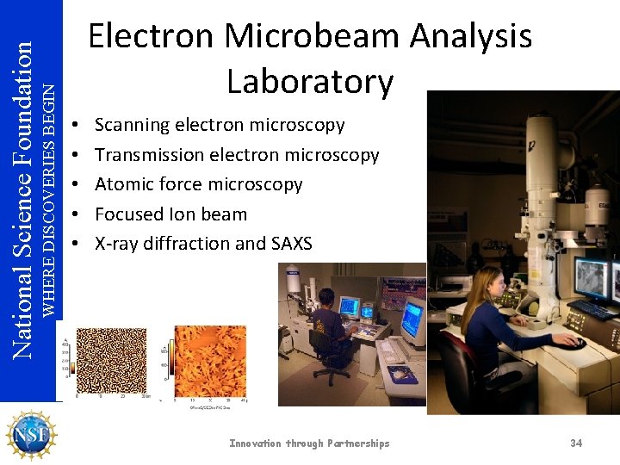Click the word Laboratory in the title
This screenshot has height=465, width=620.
[310, 81]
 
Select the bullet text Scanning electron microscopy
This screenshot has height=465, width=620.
[219, 125]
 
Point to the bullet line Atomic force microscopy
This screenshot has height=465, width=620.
[198, 184]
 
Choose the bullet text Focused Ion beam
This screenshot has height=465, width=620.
[170, 214]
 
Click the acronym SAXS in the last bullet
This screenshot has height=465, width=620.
[291, 244]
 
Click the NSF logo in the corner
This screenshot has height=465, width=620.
[31, 436]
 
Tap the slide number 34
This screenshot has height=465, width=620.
[576, 443]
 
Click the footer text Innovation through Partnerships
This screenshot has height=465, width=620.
[309, 443]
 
